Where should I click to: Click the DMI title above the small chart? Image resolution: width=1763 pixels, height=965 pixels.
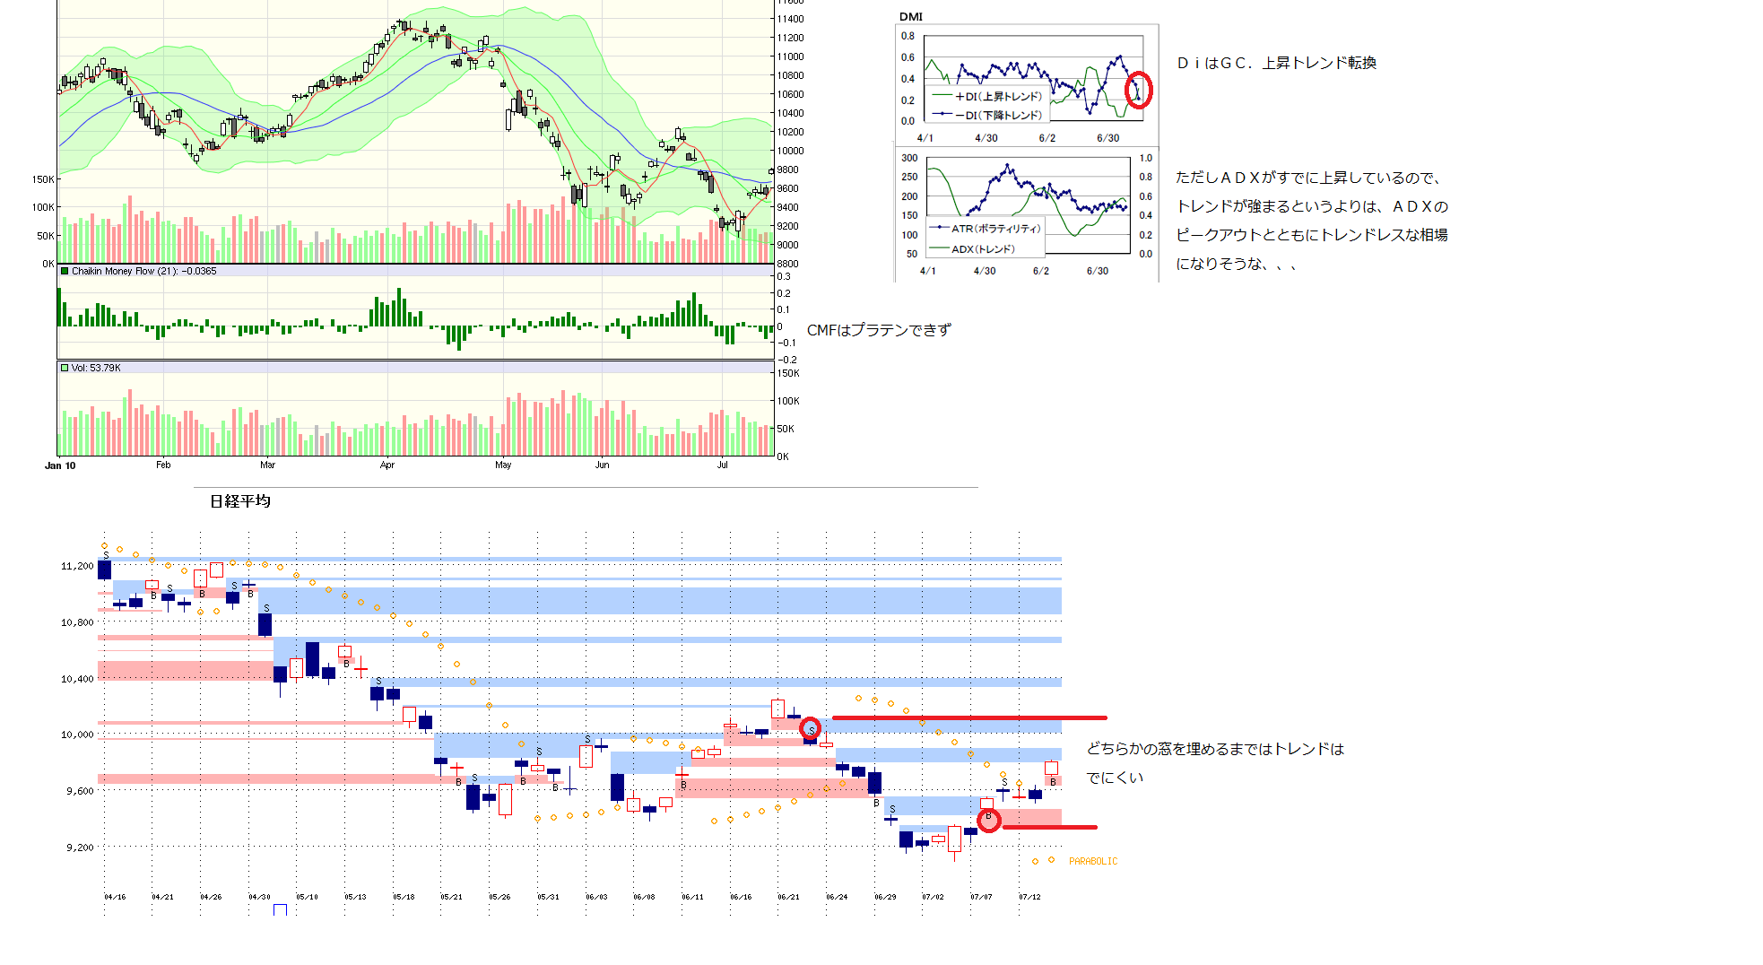910,17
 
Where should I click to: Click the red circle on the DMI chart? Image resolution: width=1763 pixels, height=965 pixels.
1138,91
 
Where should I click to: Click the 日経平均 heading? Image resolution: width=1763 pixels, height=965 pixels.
240,501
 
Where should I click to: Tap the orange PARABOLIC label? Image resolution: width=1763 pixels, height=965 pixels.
1093,861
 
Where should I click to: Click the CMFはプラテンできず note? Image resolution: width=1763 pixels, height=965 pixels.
879,330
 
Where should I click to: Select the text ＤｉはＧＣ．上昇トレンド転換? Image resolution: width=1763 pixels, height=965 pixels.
1276,63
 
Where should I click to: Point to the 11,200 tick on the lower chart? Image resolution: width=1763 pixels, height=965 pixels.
77,566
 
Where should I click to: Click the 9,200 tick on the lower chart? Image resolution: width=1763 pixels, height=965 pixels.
80,848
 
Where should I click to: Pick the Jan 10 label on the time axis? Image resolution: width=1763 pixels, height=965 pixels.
60,465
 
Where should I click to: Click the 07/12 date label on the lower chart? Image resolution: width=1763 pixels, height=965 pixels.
1029,897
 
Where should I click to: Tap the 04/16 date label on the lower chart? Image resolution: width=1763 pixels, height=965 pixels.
115,897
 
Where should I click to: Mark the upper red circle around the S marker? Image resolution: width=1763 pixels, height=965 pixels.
810,728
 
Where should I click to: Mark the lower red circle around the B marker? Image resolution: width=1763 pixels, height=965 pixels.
988,820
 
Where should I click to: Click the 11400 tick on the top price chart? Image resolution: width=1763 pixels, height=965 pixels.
790,19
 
